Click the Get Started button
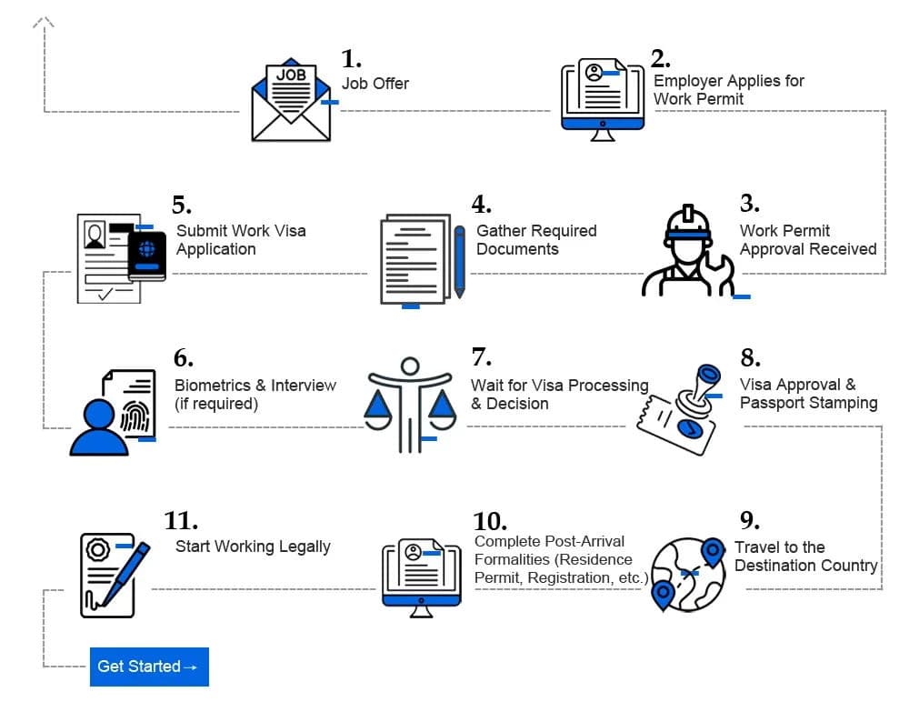pyautogui.click(x=149, y=667)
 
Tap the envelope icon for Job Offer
pyautogui.click(x=291, y=105)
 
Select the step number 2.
pyautogui.click(x=660, y=59)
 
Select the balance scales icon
pyautogui.click(x=410, y=405)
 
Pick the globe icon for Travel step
pyautogui.click(x=689, y=572)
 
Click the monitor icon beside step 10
pyautogui.click(x=421, y=577)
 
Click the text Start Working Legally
pyautogui.click(x=253, y=547)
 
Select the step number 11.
pyautogui.click(x=181, y=521)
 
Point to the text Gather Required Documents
pyautogui.click(x=536, y=240)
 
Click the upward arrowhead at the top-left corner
pyautogui.click(x=43, y=23)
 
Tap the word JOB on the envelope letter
pyautogui.click(x=291, y=75)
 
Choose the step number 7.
pyautogui.click(x=481, y=357)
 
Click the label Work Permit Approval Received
pyautogui.click(x=807, y=240)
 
